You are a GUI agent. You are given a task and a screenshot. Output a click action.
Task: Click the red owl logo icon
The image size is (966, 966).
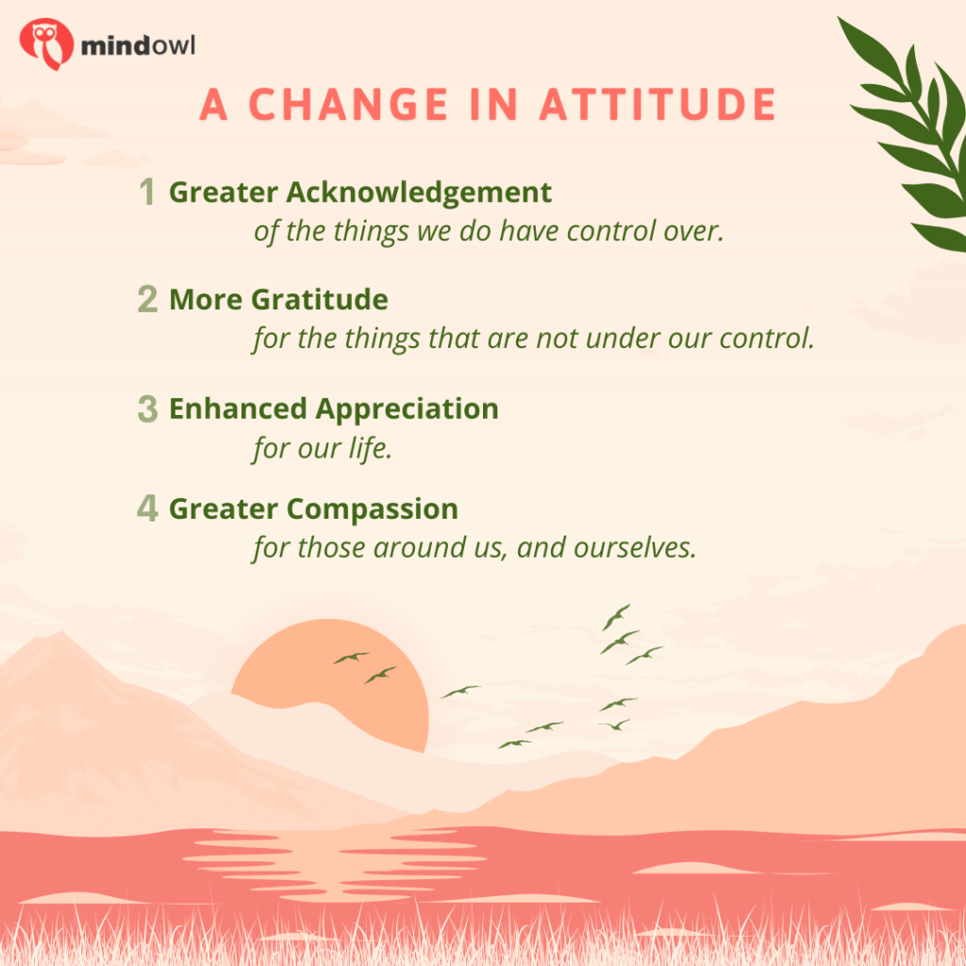click(x=46, y=43)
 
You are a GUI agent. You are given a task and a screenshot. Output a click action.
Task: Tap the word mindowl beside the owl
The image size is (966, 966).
click(x=138, y=45)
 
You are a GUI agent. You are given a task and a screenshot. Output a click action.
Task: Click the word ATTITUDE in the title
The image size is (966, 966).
click(x=658, y=104)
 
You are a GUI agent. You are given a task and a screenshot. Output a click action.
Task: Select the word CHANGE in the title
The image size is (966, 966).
click(x=349, y=104)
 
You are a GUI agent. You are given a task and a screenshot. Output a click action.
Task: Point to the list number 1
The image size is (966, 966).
click(x=146, y=192)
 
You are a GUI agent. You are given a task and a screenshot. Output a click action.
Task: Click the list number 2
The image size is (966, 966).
click(x=148, y=299)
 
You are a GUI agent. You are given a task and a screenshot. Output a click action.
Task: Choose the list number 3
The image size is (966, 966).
click(x=148, y=408)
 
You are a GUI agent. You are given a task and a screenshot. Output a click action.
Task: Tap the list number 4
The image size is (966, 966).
click(x=148, y=508)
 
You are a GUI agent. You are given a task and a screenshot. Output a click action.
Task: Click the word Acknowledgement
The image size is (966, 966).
click(x=419, y=193)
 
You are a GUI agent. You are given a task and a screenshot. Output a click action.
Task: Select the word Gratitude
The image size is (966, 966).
click(x=320, y=300)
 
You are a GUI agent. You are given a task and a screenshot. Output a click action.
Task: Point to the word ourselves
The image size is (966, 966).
click(x=635, y=548)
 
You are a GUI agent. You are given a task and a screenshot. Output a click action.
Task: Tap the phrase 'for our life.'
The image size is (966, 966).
click(x=323, y=448)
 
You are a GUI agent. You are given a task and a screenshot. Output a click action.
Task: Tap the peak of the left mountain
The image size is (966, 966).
click(x=60, y=633)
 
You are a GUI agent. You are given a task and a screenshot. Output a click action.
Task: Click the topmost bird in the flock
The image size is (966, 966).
click(x=616, y=617)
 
